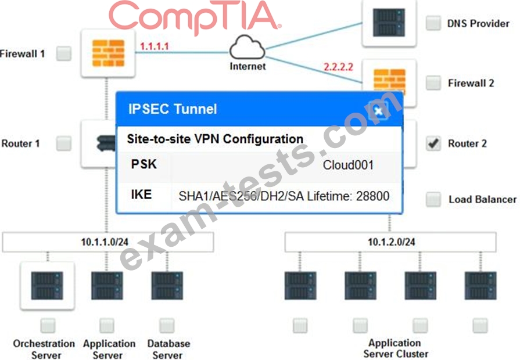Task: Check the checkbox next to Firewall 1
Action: click(x=64, y=53)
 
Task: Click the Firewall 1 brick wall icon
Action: click(x=108, y=53)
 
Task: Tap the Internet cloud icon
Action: click(x=248, y=48)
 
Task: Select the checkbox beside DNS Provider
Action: click(x=433, y=23)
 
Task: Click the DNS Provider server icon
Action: click(x=389, y=23)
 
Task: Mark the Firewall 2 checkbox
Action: click(x=433, y=82)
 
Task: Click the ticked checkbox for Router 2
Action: click(x=433, y=143)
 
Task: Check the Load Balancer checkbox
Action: click(x=433, y=199)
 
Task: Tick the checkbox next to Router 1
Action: click(x=64, y=143)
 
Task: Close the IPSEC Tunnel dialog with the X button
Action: click(x=378, y=110)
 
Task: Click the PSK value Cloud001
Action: click(x=348, y=165)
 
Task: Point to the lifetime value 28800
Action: click(x=373, y=196)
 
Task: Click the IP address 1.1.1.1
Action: click(x=154, y=46)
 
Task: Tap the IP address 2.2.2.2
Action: click(x=338, y=67)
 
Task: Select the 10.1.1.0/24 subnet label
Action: click(x=105, y=242)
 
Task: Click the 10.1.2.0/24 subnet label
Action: click(x=392, y=242)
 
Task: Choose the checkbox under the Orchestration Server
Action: click(x=48, y=326)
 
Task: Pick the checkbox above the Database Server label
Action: click(x=167, y=326)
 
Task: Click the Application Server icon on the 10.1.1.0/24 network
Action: click(x=107, y=286)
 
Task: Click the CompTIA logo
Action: click(x=195, y=17)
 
